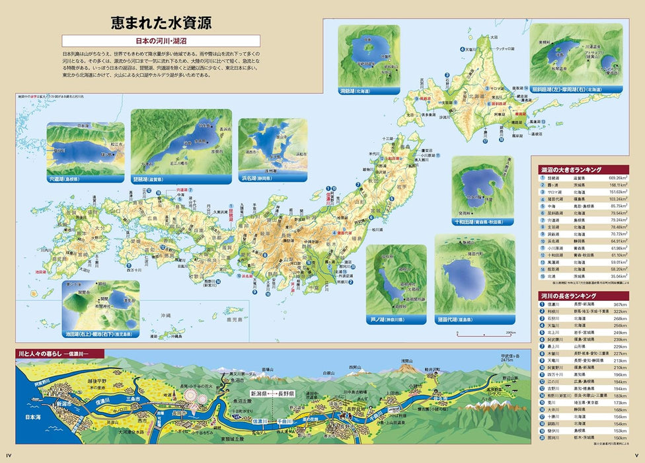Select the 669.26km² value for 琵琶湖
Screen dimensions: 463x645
pos(622,179)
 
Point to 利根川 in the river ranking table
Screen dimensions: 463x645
pos(553,311)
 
